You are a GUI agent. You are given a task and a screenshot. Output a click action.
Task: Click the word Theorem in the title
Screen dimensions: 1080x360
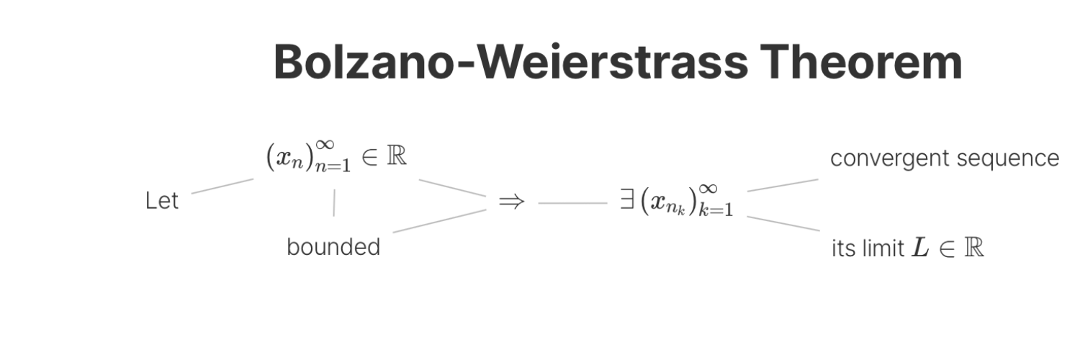tap(860, 62)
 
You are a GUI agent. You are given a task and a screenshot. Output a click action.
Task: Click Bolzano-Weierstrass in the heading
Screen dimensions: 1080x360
tap(510, 62)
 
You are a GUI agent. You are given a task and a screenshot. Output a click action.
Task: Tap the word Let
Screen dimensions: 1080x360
tap(162, 200)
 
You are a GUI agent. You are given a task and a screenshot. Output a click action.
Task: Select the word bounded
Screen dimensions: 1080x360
tap(333, 247)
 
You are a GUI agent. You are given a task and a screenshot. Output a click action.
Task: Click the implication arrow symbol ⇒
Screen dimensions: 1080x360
tap(511, 202)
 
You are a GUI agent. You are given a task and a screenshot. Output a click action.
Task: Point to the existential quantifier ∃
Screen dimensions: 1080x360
tap(627, 199)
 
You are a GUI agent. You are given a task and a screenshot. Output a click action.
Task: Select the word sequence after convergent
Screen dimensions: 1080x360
tap(1008, 159)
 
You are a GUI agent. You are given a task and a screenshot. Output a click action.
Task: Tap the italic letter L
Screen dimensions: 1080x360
tap(920, 248)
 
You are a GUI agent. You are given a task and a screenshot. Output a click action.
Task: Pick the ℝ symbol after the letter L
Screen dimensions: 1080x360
tap(974, 248)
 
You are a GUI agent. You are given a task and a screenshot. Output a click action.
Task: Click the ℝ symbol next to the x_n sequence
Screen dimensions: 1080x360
tap(397, 156)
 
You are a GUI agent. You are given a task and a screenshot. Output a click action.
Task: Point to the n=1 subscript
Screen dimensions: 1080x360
tap(333, 166)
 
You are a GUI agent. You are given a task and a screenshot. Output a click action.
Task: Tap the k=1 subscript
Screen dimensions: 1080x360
tap(716, 209)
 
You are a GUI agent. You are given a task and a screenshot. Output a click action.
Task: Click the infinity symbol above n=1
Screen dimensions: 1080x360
tap(325, 145)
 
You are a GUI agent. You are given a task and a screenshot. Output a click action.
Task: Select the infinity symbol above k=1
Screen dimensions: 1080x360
tap(708, 189)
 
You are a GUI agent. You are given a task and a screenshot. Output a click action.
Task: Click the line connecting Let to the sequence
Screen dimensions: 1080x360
tap(222, 186)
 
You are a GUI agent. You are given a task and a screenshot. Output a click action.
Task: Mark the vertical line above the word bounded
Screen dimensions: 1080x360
tap(334, 203)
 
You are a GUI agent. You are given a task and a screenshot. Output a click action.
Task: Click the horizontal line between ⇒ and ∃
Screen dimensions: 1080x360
tap(573, 203)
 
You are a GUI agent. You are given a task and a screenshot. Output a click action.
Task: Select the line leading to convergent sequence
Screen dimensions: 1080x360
tap(783, 185)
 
